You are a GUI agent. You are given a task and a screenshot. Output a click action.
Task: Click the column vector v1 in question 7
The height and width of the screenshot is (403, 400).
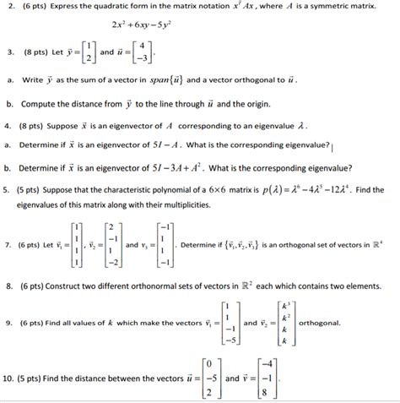pyautogui.click(x=78, y=246)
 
